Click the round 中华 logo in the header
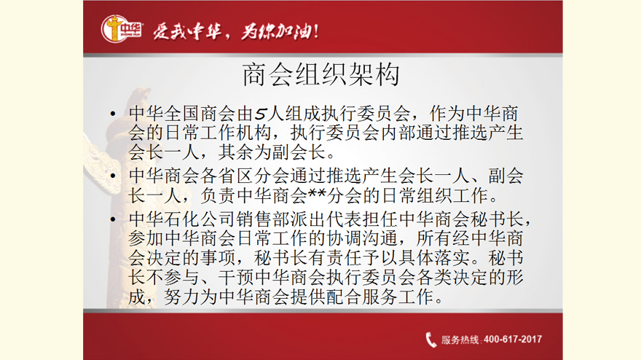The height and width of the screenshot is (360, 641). [x=122, y=28]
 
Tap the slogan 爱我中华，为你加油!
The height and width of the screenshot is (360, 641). [x=236, y=31]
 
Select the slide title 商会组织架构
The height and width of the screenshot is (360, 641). [x=321, y=74]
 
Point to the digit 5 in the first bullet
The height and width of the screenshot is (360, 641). [x=261, y=114]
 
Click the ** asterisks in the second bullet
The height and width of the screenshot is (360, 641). [x=316, y=192]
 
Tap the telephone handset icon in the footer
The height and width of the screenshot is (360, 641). [x=431, y=340]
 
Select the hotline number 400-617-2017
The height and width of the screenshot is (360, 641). [x=513, y=340]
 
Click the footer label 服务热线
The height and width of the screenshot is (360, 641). [x=460, y=340]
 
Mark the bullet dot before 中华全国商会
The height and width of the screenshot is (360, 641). [x=113, y=114]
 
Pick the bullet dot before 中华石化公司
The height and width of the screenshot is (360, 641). [x=113, y=219]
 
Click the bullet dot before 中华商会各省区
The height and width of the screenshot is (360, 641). [x=113, y=176]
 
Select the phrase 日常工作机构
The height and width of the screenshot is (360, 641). [x=218, y=133]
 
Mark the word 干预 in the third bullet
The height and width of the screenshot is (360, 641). [x=236, y=278]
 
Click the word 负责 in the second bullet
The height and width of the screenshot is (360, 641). [x=218, y=195]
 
